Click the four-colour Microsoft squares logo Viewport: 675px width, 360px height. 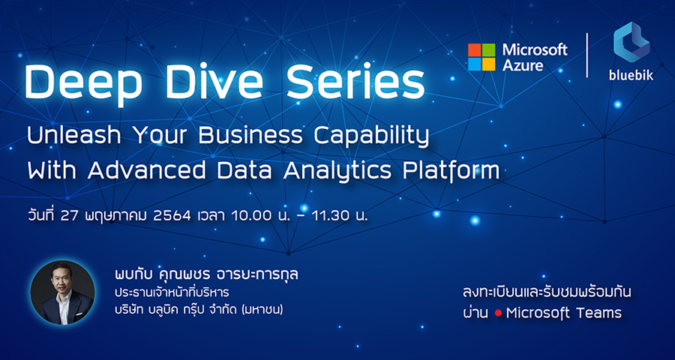pos(481,57)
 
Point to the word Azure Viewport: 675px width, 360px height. pos(523,64)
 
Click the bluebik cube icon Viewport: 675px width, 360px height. pos(631,42)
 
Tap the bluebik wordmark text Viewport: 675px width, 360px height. pos(631,75)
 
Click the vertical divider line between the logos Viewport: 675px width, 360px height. pos(586,55)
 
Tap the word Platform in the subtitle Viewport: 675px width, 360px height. pos(451,170)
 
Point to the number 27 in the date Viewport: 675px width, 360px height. pos(69,216)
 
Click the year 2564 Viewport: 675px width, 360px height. pos(172,216)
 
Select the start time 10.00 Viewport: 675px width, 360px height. pos(250,216)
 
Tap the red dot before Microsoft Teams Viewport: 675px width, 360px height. pos(499,313)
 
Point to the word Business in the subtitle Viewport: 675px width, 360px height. pos(251,136)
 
